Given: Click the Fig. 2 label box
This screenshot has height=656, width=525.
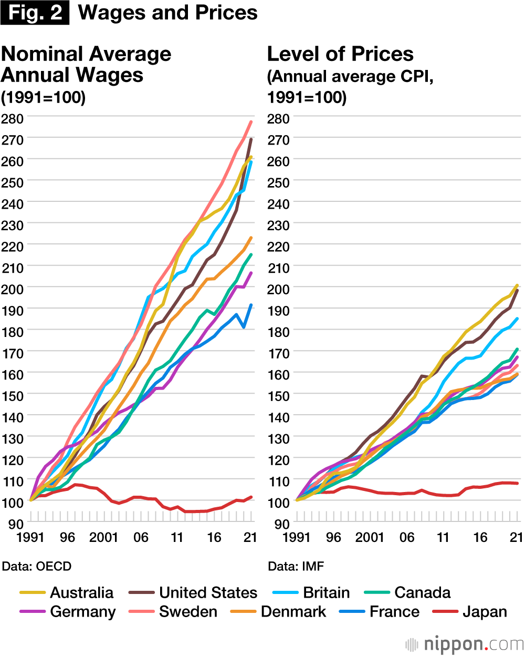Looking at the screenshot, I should (x=35, y=13).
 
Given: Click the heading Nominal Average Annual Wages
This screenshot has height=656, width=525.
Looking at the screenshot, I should (x=86, y=65).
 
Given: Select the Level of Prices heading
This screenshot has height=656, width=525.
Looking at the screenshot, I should (x=340, y=54).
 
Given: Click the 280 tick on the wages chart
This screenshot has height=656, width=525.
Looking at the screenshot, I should (x=12, y=118).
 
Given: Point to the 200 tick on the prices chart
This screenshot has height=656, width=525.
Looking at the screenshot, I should (x=278, y=289).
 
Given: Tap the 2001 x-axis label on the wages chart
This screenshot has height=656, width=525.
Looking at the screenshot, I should (x=103, y=537).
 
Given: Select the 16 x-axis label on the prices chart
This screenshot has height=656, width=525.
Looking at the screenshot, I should (x=480, y=537).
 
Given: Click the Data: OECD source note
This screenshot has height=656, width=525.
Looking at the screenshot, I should (x=37, y=566).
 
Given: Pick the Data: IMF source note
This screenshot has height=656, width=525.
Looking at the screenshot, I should (x=296, y=566).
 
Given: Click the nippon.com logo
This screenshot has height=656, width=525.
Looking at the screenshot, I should (x=464, y=644).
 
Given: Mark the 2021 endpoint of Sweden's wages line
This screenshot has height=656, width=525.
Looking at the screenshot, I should (x=251, y=122).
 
